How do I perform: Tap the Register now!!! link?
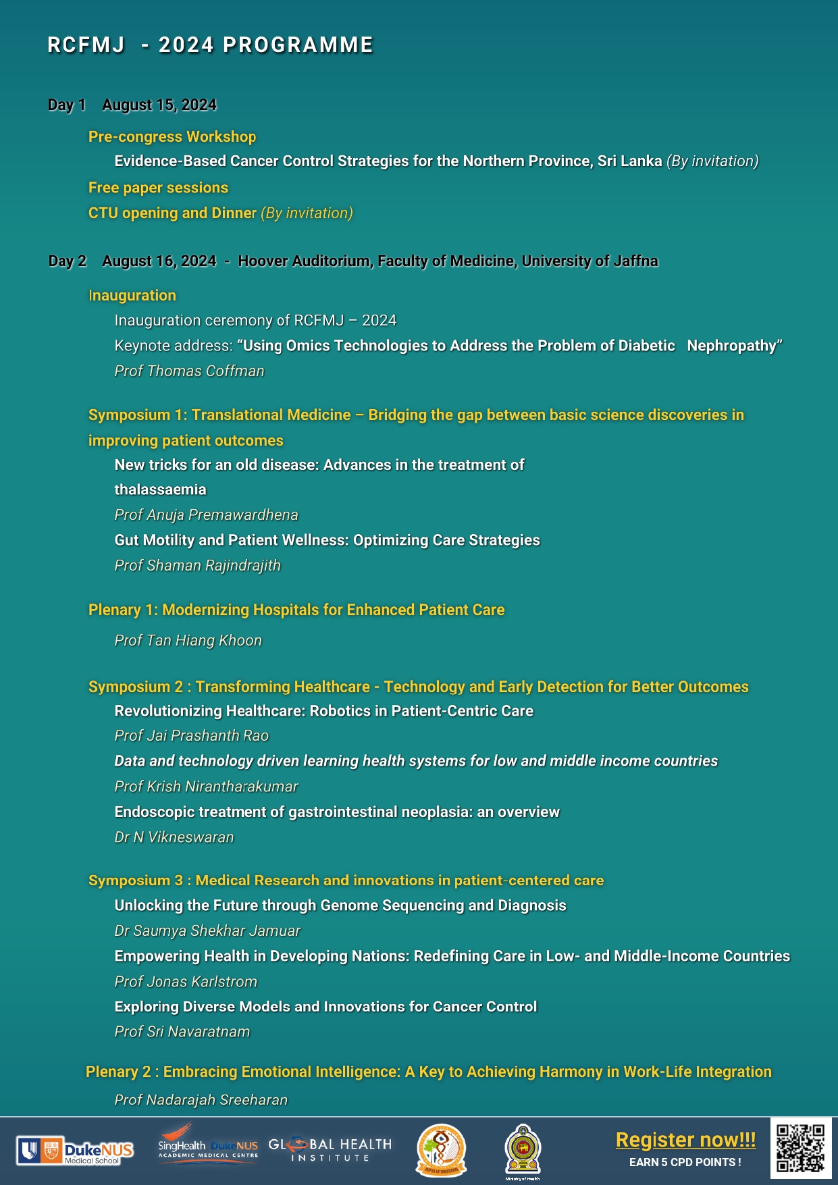pyautogui.click(x=685, y=1140)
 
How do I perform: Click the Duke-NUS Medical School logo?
pyautogui.click(x=75, y=1151)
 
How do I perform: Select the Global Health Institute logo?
pyautogui.click(x=330, y=1150)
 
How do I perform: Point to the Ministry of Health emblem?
pyautogui.click(x=523, y=1150)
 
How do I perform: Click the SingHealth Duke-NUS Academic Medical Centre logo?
pyautogui.click(x=208, y=1144)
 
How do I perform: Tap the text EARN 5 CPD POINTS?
pyautogui.click(x=685, y=1162)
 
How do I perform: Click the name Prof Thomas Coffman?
pyautogui.click(x=189, y=371)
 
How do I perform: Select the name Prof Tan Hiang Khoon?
pyautogui.click(x=188, y=640)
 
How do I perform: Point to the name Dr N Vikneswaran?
pyautogui.click(x=174, y=837)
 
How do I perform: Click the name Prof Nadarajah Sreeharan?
pyautogui.click(x=201, y=1100)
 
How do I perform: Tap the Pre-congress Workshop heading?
pyautogui.click(x=172, y=136)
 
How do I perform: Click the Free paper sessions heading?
pyautogui.click(x=158, y=188)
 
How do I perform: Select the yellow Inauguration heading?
pyautogui.click(x=132, y=295)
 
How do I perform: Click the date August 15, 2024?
pyautogui.click(x=159, y=105)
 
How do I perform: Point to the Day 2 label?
pyautogui.click(x=68, y=261)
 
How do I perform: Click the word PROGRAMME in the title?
pyautogui.click(x=298, y=45)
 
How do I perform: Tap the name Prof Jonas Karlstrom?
pyautogui.click(x=186, y=982)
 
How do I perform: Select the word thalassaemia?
pyautogui.click(x=160, y=490)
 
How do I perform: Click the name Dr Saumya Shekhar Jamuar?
pyautogui.click(x=207, y=930)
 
